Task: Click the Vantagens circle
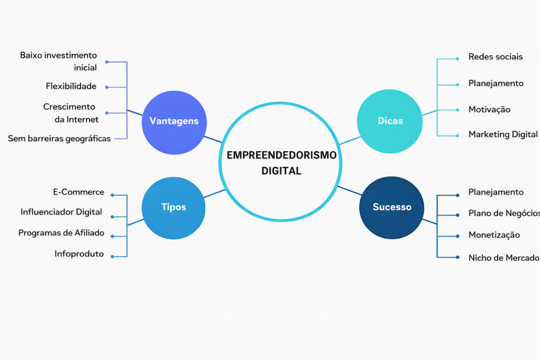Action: (174, 122)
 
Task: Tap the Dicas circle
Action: (390, 121)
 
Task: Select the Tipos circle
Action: (173, 208)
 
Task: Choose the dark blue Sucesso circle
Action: (391, 207)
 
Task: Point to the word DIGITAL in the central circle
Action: (281, 171)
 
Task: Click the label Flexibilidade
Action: (71, 86)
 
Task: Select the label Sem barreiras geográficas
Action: (59, 139)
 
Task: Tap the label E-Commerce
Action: (79, 192)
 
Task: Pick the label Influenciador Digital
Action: (61, 212)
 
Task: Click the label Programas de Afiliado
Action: (61, 232)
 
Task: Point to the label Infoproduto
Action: (79, 254)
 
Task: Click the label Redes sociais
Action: (495, 57)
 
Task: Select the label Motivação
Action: (489, 110)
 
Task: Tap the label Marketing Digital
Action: (503, 134)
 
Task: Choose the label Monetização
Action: (494, 235)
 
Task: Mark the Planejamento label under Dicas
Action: (496, 83)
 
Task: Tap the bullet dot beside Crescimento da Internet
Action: (107, 113)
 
